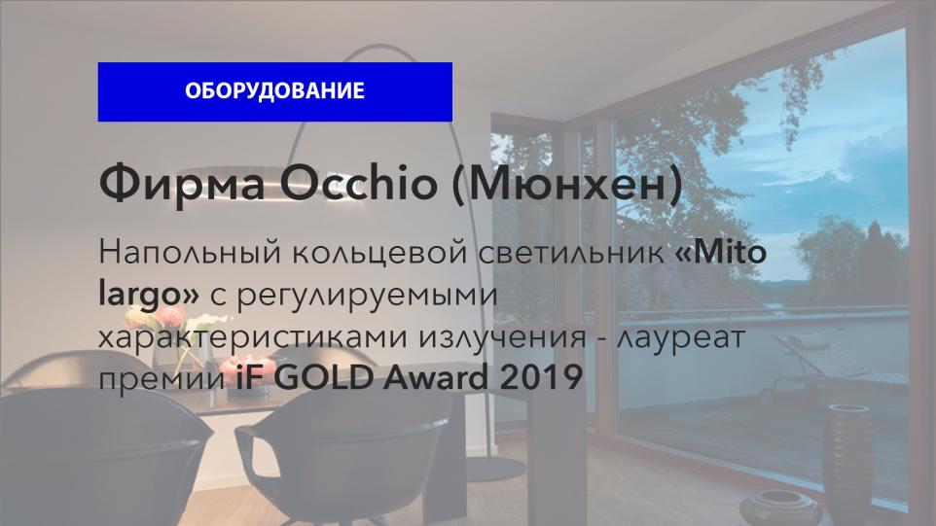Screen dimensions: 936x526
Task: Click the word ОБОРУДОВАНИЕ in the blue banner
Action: pyautogui.click(x=274, y=90)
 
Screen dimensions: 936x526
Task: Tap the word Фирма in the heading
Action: pyautogui.click(x=182, y=183)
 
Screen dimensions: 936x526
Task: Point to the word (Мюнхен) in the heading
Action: pyautogui.click(x=567, y=184)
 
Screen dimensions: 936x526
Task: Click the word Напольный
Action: pyautogui.click(x=190, y=252)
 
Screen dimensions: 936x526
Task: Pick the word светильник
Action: pyautogui.click(x=572, y=252)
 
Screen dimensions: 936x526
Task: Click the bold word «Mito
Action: pyautogui.click(x=721, y=252)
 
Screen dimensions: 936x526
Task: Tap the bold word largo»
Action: pyautogui.click(x=149, y=295)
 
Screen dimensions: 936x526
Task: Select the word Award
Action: pyautogui.click(x=436, y=377)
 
